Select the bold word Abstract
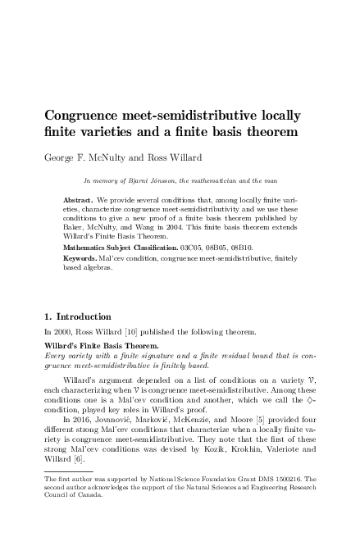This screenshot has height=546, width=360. [x=79, y=199]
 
